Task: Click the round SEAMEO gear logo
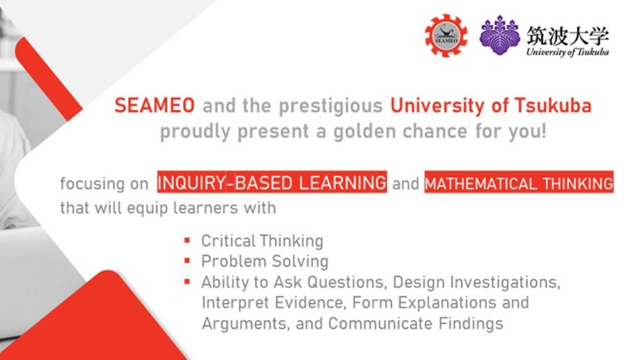coord(446,35)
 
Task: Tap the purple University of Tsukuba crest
coord(499,35)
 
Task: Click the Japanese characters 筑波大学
coord(568,36)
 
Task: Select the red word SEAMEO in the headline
coord(155,106)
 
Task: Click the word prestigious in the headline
coord(331,106)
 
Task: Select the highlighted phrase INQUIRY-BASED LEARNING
coord(272,183)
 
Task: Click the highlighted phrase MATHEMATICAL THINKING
coord(519,183)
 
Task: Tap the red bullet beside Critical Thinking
coord(187,240)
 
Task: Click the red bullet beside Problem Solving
coord(187,261)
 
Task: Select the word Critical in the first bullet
coord(228,241)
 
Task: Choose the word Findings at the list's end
coord(471,324)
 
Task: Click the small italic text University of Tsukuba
coord(568,52)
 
